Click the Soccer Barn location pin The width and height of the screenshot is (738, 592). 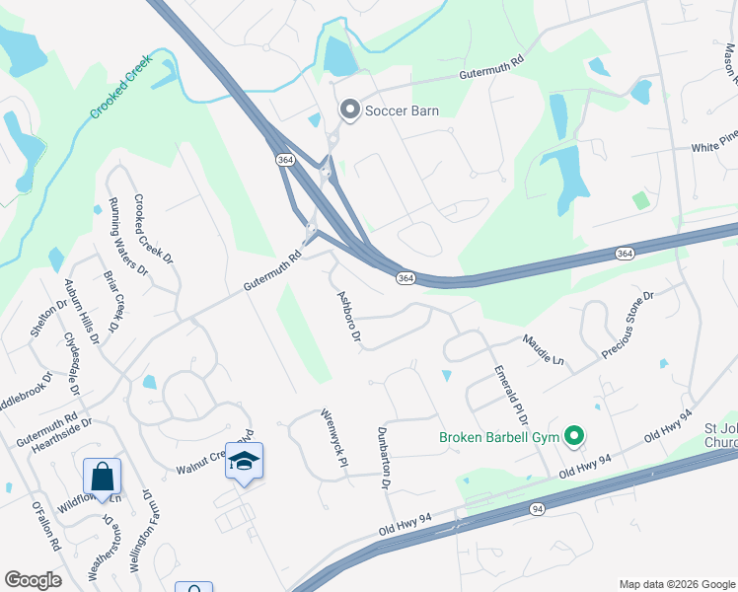[x=349, y=111]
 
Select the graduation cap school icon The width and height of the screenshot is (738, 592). [x=244, y=462]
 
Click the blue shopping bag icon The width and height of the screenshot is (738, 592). [x=102, y=478]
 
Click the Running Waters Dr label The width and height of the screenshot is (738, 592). [x=127, y=236]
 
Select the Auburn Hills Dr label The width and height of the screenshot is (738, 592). [x=82, y=311]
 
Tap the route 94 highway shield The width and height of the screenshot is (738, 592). [x=537, y=509]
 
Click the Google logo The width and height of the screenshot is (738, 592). [x=33, y=580]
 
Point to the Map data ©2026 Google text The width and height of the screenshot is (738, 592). [x=676, y=584]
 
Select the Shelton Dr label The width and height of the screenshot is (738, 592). [x=47, y=315]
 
